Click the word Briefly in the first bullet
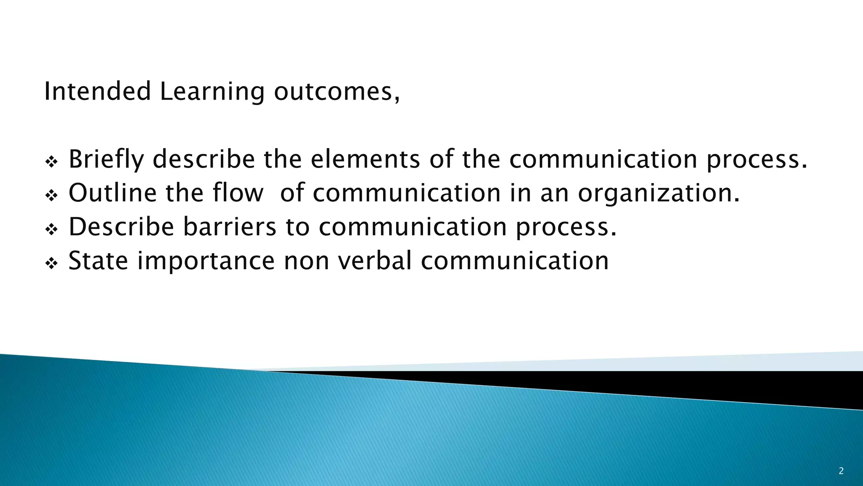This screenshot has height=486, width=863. [106, 160]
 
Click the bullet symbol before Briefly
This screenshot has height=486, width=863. [51, 162]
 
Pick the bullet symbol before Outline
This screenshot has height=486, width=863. [51, 196]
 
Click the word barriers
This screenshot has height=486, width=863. [230, 227]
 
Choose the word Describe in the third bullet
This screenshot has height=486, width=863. [121, 227]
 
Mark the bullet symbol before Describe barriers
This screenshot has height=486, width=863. [51, 229]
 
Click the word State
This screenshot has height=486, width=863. [98, 260]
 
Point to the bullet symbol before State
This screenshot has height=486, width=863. [51, 264]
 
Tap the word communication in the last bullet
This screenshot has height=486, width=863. [515, 261]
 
